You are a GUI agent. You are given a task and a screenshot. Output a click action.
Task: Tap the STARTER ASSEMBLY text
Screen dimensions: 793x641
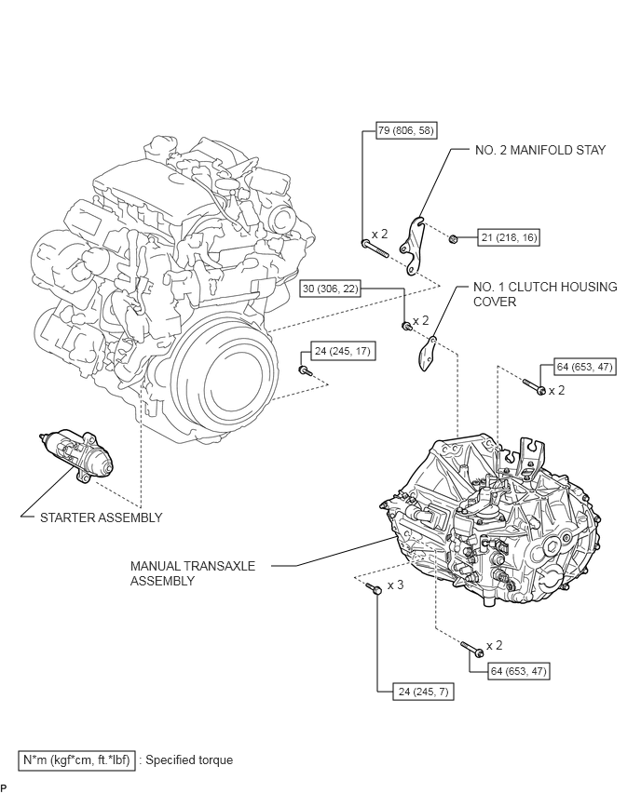click(x=100, y=517)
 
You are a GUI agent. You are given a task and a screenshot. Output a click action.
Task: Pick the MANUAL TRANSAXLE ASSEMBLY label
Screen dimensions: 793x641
click(x=193, y=572)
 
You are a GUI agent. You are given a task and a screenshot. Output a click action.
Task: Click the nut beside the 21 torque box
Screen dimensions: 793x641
click(x=452, y=238)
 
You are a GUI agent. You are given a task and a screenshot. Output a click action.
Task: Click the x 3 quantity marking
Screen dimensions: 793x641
click(x=395, y=585)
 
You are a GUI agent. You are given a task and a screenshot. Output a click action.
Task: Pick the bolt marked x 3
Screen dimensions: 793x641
click(x=375, y=587)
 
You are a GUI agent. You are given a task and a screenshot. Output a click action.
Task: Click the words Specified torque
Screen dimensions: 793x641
click(x=189, y=759)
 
